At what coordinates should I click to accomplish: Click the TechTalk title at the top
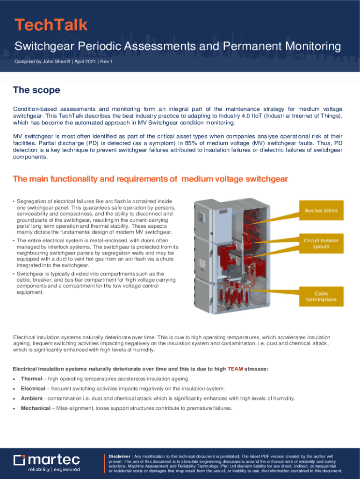tap(51, 25)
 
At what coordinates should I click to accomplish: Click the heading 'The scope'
tap(36, 90)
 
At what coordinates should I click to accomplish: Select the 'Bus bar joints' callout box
tap(321, 210)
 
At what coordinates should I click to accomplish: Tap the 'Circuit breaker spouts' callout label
tap(321, 243)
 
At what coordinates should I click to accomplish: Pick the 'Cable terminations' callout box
tap(321, 296)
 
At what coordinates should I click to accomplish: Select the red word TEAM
tap(235, 369)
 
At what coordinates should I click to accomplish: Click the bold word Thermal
tap(32, 379)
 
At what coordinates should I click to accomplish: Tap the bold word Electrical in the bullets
tap(33, 389)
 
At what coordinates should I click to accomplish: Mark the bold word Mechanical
tap(36, 408)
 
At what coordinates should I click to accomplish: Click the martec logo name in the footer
tap(54, 460)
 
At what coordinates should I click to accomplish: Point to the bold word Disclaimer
tap(119, 456)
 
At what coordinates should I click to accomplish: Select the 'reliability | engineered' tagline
tap(54, 469)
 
